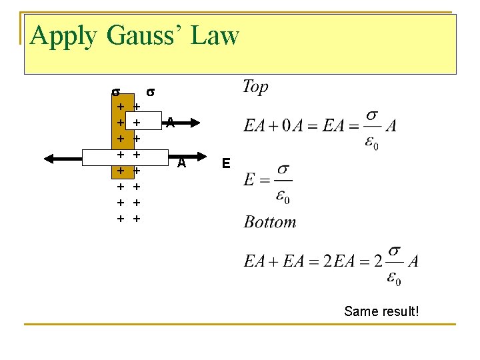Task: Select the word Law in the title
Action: coord(215,35)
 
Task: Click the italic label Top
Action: coord(255,86)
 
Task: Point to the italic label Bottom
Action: coord(270,222)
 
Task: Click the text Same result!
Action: coord(381,311)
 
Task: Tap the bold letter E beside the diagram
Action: coord(227,163)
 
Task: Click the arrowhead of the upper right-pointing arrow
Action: coord(195,122)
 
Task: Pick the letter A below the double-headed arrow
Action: coord(181,163)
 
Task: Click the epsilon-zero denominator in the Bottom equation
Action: coord(393,277)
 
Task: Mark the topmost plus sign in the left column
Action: coord(120,106)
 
